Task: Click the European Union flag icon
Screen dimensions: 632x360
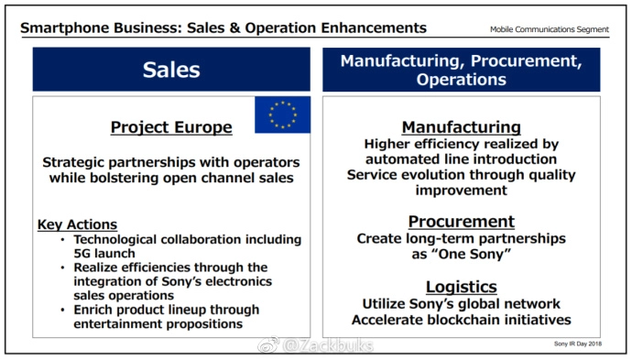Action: [x=282, y=115]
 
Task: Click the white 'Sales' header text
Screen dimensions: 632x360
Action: [x=171, y=70]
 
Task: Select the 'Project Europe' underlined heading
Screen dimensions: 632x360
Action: [x=171, y=127]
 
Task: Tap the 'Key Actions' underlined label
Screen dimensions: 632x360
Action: [x=77, y=224]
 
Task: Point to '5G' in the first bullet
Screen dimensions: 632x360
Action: [x=82, y=253]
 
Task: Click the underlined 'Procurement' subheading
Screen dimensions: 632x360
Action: [x=461, y=222]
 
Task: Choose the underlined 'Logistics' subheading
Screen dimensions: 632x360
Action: [x=461, y=287]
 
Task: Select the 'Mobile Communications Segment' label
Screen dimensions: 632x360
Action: [x=550, y=29]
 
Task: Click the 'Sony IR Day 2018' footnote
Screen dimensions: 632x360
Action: [x=578, y=344]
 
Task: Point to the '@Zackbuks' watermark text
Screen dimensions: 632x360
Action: [x=328, y=345]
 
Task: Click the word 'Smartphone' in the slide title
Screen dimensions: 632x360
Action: [x=65, y=28]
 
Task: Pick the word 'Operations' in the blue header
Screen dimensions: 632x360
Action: [x=461, y=80]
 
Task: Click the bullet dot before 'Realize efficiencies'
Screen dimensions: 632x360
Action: [x=62, y=267]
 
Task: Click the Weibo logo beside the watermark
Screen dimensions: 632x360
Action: [x=268, y=344]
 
